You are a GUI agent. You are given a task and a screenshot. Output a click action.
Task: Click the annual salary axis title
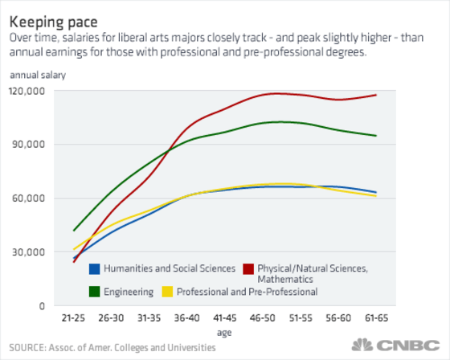(38, 75)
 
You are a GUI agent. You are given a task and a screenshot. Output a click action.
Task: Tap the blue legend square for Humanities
(95, 268)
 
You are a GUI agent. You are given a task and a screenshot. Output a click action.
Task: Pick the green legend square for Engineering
(95, 292)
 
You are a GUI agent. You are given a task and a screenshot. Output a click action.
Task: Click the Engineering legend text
(129, 292)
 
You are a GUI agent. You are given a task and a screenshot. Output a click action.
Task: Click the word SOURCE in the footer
(27, 348)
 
